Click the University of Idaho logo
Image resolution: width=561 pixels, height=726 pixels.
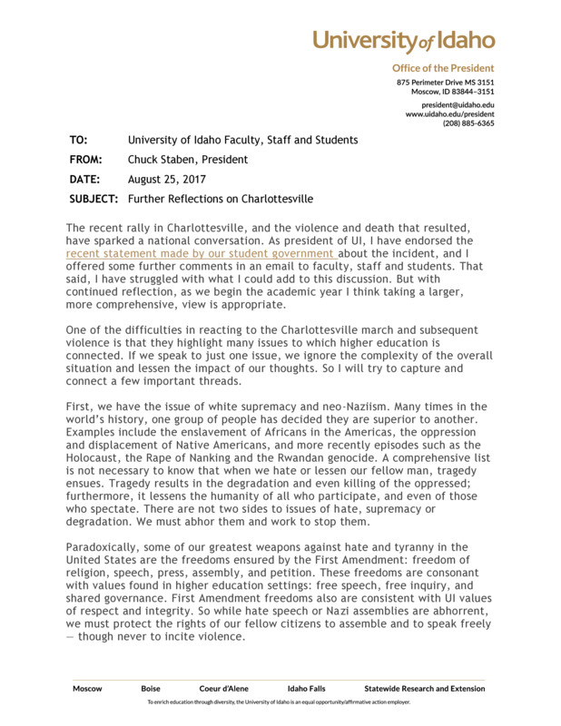click(404, 40)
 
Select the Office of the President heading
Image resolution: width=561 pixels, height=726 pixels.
click(443, 68)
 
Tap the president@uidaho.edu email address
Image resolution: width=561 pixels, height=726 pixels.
click(451, 105)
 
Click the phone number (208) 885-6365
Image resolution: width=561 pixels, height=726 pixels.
click(468, 123)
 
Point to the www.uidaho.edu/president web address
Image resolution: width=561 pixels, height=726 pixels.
click(449, 114)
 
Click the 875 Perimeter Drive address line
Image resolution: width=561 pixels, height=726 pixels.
click(445, 83)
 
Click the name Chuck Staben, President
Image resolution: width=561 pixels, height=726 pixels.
click(188, 160)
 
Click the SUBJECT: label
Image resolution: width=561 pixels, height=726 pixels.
click(93, 199)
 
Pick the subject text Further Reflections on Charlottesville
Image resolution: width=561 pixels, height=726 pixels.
click(221, 199)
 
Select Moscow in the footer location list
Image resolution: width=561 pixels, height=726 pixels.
click(87, 689)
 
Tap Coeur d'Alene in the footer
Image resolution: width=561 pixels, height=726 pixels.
click(223, 689)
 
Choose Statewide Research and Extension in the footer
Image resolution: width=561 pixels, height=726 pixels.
click(424, 689)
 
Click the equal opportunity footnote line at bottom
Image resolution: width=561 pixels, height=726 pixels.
click(280, 702)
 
